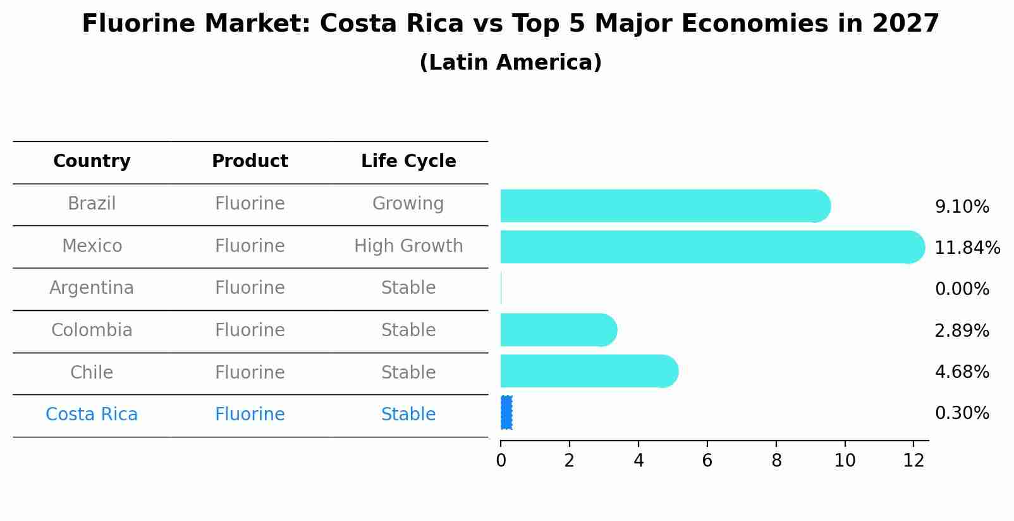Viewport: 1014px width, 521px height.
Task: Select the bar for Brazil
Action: tap(664, 206)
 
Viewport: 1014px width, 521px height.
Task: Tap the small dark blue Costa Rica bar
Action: tap(506, 413)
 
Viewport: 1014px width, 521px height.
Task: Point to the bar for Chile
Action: tap(588, 371)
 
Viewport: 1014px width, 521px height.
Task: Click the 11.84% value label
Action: tap(967, 248)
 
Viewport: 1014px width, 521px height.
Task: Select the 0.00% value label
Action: tap(962, 289)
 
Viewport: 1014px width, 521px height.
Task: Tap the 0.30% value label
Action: tap(962, 413)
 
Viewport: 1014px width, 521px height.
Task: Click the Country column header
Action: tap(92, 161)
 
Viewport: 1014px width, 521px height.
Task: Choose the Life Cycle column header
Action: tap(408, 161)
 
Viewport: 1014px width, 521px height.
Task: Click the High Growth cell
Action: tap(408, 246)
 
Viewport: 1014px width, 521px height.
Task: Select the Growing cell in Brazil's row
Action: tap(408, 204)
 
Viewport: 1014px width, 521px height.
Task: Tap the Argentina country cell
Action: tap(92, 288)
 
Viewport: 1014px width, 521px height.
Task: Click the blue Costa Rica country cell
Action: tap(92, 415)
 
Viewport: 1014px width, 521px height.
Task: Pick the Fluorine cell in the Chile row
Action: tap(250, 372)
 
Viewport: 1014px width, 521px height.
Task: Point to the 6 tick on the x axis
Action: tap(707, 460)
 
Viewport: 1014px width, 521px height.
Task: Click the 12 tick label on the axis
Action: tap(913, 460)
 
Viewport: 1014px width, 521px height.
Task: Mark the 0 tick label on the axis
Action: tap(501, 460)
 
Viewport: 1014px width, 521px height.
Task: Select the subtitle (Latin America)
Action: tap(510, 63)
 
